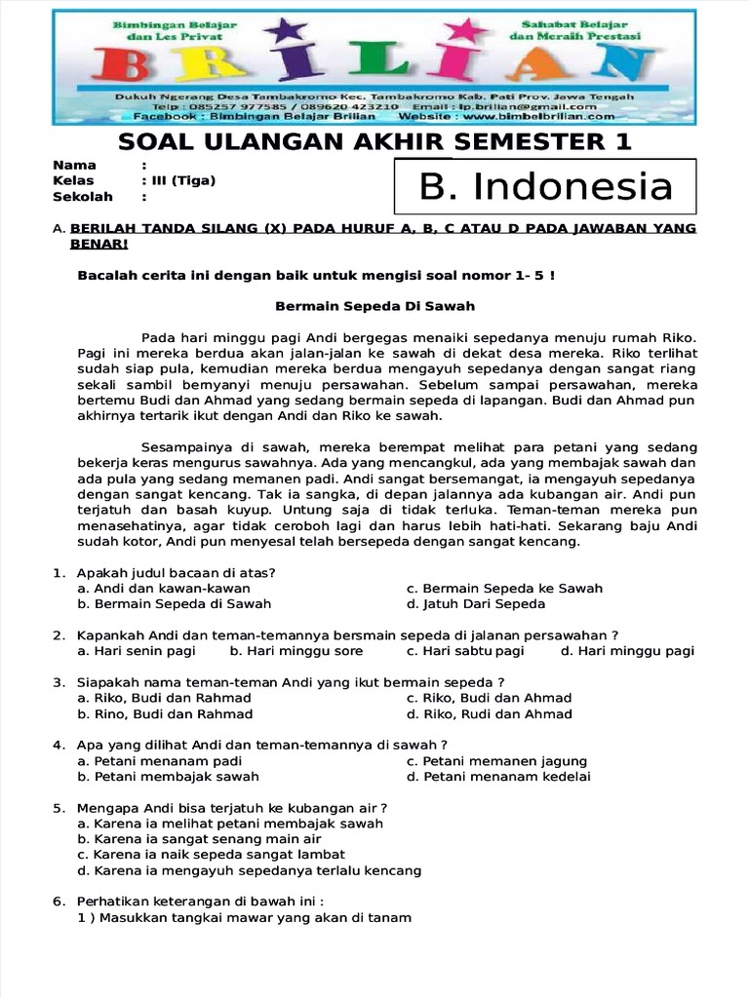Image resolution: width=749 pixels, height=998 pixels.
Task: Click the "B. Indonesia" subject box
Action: [x=545, y=186]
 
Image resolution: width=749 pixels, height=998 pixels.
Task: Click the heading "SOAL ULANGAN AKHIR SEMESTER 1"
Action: [x=374, y=142]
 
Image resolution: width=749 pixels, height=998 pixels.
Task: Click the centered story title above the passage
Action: [x=374, y=306]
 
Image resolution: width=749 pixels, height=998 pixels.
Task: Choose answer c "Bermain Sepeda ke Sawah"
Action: [x=504, y=588]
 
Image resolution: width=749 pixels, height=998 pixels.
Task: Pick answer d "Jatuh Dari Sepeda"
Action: [x=476, y=603]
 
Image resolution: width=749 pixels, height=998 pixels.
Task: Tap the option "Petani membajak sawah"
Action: [x=168, y=777]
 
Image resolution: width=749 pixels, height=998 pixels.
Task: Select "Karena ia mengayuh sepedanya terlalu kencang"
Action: [x=249, y=870]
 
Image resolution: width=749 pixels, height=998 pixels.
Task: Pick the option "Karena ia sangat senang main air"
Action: [x=199, y=839]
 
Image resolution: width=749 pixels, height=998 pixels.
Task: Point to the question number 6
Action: [x=58, y=902]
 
